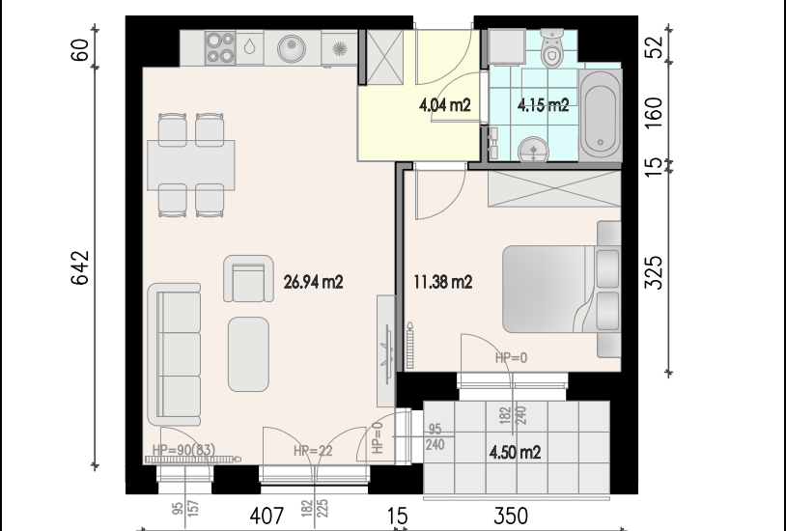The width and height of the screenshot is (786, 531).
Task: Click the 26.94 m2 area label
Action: (313, 282)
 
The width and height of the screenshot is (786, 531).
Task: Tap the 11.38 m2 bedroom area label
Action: (443, 282)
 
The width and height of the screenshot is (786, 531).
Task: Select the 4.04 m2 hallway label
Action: (444, 105)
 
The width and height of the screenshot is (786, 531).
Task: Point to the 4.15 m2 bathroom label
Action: (544, 105)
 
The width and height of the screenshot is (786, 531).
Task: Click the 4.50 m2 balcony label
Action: (516, 452)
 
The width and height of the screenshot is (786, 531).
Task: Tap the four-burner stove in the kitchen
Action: (220, 47)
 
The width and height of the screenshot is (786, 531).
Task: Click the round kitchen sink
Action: (292, 48)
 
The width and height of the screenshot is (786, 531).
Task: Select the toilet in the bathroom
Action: (552, 47)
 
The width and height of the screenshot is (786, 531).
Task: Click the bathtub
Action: (601, 116)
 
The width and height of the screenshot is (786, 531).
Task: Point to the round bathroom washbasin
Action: (533, 150)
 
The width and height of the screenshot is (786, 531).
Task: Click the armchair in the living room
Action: (248, 279)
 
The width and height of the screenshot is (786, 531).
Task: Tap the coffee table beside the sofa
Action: (248, 354)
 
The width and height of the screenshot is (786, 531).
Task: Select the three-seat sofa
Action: (175, 354)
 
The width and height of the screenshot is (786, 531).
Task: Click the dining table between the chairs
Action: (191, 165)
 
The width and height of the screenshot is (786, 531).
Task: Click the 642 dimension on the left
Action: (80, 267)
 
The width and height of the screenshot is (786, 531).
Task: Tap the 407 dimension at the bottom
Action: (267, 516)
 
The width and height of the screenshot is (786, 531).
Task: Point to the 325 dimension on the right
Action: (653, 273)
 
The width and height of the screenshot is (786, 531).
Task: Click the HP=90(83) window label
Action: (183, 450)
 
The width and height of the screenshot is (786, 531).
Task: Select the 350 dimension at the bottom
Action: (511, 516)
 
